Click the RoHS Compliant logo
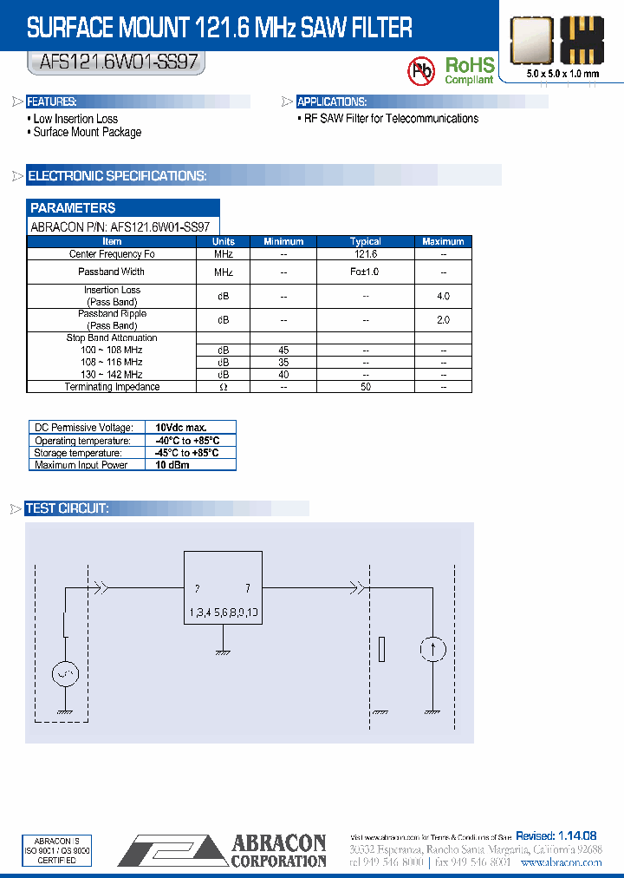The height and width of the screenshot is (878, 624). [469, 69]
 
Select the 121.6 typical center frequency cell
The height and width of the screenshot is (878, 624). [366, 254]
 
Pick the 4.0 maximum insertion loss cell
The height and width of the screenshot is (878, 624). [443, 296]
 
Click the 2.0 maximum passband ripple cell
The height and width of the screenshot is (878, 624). [443, 320]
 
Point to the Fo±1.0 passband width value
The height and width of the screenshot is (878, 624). [366, 272]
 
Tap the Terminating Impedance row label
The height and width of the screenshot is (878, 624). [112, 387]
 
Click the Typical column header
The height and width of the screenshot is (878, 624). [366, 241]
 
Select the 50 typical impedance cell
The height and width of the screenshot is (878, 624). [366, 387]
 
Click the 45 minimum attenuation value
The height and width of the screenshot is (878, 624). [283, 351]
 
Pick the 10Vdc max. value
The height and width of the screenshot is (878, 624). [181, 428]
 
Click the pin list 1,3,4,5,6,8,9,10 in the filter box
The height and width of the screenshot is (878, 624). [223, 613]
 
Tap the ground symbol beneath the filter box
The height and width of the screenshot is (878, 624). [223, 651]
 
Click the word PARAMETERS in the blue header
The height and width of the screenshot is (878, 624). [73, 208]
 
